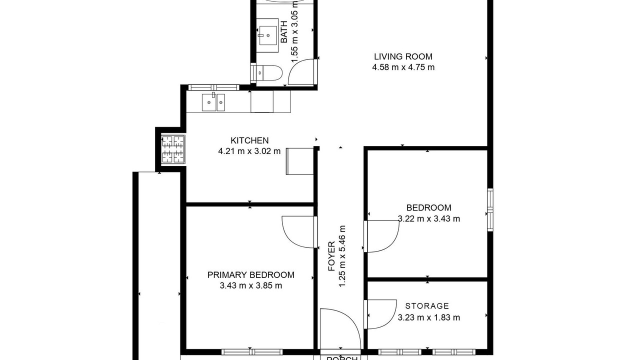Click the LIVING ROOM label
pyautogui.click(x=403, y=56)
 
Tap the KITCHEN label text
pyautogui.click(x=249, y=140)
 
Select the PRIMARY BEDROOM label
pyautogui.click(x=251, y=275)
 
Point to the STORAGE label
pyautogui.click(x=427, y=306)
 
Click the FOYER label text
pyautogui.click(x=331, y=256)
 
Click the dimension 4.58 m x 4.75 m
pyautogui.click(x=403, y=67)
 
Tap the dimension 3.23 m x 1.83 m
pyautogui.click(x=429, y=317)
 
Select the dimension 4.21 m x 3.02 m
pyautogui.click(x=249, y=151)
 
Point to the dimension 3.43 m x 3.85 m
pyautogui.click(x=251, y=285)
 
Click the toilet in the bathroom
pyautogui.click(x=267, y=73)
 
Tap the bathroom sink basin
pyautogui.click(x=267, y=35)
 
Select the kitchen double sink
pyautogui.click(x=213, y=102)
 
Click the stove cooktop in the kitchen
pyautogui.click(x=173, y=149)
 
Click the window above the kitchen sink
pyautogui.click(x=213, y=87)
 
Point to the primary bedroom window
pyautogui.click(x=252, y=351)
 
